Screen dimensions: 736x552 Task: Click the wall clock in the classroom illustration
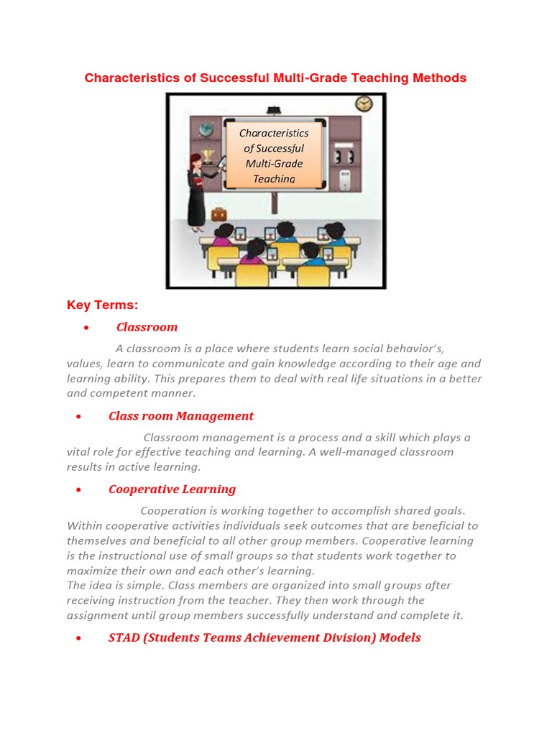click(364, 104)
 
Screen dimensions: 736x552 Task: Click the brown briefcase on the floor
click(218, 213)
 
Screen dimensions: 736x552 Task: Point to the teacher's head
click(195, 159)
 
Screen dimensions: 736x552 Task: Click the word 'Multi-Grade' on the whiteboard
click(274, 163)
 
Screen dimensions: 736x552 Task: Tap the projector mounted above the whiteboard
click(274, 111)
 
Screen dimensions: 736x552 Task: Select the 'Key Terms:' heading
click(102, 305)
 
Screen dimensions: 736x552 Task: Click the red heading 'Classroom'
click(147, 327)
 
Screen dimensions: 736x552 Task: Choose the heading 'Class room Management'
click(181, 415)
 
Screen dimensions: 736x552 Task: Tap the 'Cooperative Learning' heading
click(172, 489)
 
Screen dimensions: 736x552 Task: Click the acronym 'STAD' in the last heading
click(124, 638)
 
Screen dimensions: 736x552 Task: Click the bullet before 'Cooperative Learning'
click(86, 490)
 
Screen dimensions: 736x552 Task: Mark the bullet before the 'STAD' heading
click(86, 639)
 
